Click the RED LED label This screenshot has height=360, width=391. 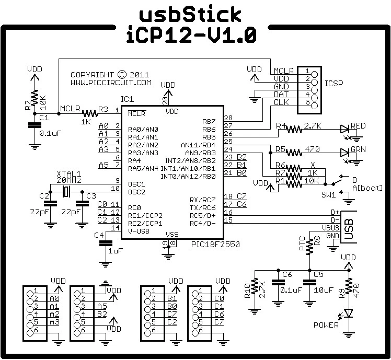point(359,125)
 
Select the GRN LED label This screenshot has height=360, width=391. point(359,149)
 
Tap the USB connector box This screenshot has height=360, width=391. point(349,227)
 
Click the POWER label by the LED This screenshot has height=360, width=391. point(326,325)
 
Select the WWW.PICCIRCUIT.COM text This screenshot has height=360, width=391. point(111,83)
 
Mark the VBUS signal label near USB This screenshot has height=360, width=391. point(331,228)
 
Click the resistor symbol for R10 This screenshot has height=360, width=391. point(255,288)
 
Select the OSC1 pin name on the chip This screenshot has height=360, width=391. point(136,184)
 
